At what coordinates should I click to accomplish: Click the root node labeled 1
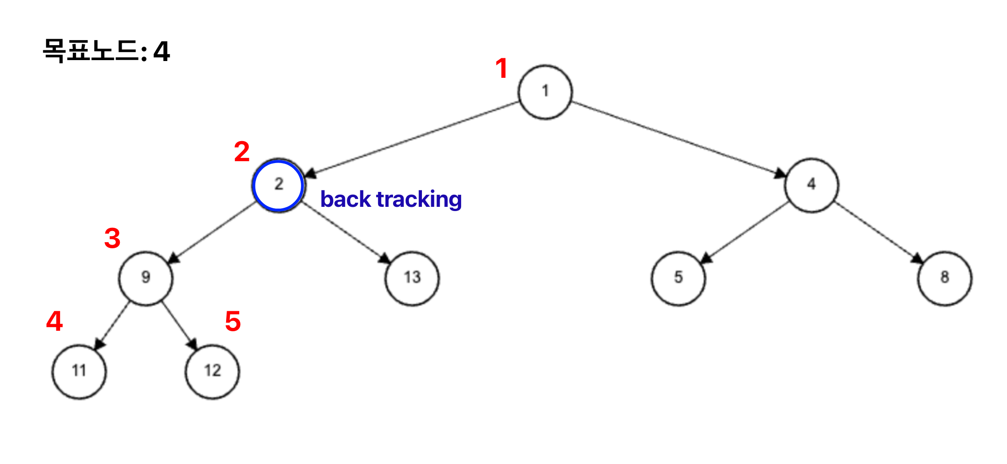[x=545, y=92]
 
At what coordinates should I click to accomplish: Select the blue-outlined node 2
[x=278, y=185]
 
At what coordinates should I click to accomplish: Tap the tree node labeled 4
[x=811, y=185]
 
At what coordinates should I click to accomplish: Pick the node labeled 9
[x=145, y=278]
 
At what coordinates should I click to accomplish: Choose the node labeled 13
[x=412, y=278]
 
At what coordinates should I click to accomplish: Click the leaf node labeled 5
[x=678, y=278]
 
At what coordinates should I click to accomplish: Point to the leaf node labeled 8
[x=945, y=278]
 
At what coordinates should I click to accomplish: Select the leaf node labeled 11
[x=79, y=371]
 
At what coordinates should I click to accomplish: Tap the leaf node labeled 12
[x=212, y=371]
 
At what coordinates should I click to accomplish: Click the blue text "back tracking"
[x=391, y=199]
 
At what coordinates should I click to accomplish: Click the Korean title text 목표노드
[x=91, y=50]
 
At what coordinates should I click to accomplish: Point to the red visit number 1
[x=501, y=68]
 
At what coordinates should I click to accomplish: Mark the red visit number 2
[x=241, y=152]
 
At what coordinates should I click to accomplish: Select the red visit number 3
[x=112, y=239]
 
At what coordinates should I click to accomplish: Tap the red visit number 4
[x=55, y=321]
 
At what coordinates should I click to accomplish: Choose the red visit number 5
[x=233, y=321]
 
